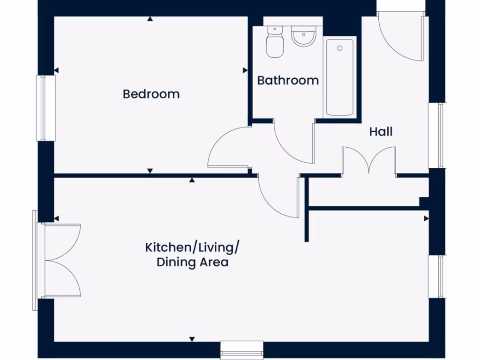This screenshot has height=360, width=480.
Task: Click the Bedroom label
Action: tap(151, 94)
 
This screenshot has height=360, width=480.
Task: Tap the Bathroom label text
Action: tap(288, 81)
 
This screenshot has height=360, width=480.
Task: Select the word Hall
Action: tap(381, 132)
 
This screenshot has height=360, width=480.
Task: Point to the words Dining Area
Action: tap(192, 262)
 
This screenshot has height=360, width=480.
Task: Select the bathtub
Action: tap(339, 77)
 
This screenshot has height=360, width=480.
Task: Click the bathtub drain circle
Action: tap(339, 48)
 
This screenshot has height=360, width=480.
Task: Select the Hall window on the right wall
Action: tap(438, 135)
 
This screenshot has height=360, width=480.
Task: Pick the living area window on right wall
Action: tap(438, 276)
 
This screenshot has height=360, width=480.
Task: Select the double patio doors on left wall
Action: tap(61, 261)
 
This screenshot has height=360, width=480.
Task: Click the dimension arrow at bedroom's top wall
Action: tap(150, 19)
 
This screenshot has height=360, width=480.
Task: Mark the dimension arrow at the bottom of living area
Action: tap(192, 339)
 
